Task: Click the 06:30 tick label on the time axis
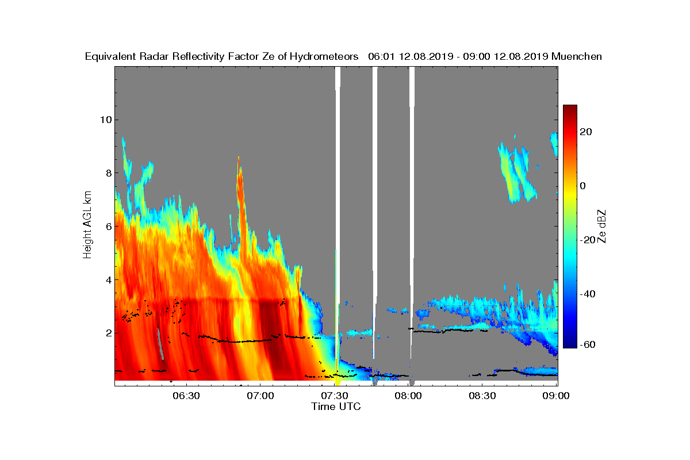pyautogui.click(x=186, y=396)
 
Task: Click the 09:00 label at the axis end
pyautogui.click(x=557, y=396)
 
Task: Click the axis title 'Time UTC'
pyautogui.click(x=336, y=407)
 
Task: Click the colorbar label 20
pyautogui.click(x=586, y=132)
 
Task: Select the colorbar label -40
pyautogui.click(x=588, y=294)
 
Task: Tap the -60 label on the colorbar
pyautogui.click(x=588, y=344)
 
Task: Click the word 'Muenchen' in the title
pyautogui.click(x=577, y=56)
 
